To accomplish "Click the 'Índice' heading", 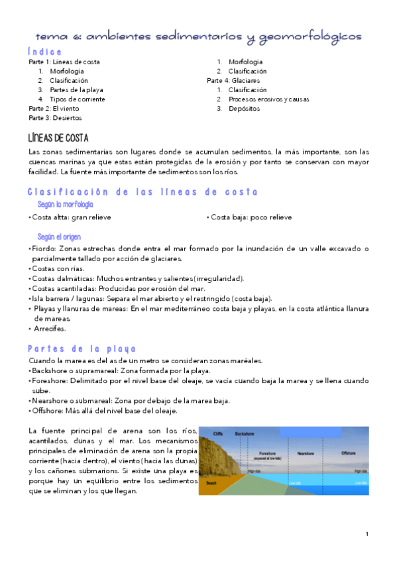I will [45, 52].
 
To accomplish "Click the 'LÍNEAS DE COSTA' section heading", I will [60, 138].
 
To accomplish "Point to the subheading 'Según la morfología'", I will [65, 205].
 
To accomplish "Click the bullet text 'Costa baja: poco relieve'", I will [251, 217].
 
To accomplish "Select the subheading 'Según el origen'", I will [59, 237].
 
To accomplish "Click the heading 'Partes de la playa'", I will [82, 349].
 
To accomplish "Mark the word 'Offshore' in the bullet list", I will [47, 410].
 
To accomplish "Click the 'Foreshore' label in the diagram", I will [268, 453].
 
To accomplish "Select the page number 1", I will [367, 534].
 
